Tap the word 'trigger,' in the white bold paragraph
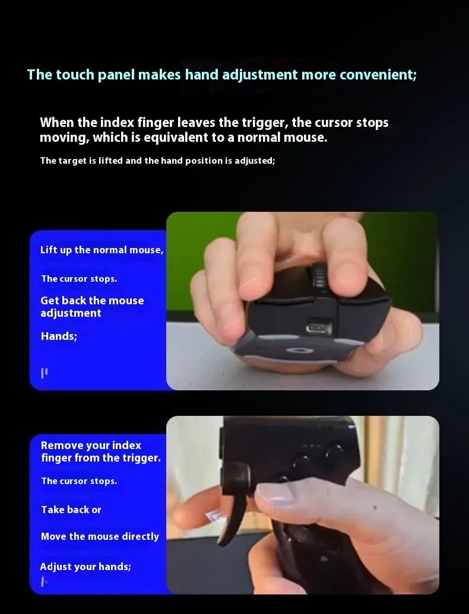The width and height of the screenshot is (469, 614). click(265, 123)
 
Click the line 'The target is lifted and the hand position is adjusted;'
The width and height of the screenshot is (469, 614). click(157, 161)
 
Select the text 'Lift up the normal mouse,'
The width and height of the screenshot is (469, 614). click(102, 250)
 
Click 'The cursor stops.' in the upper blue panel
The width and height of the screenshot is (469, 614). click(79, 278)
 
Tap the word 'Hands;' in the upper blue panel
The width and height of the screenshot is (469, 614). click(59, 336)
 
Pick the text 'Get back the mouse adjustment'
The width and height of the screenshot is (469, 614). click(92, 306)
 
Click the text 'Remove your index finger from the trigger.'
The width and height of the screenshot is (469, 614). click(100, 451)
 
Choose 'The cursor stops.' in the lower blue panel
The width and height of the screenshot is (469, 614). click(79, 481)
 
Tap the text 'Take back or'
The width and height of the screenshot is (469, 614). click(71, 510)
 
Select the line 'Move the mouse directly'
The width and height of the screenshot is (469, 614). click(100, 536)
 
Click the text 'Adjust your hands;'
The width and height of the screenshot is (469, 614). click(85, 567)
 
